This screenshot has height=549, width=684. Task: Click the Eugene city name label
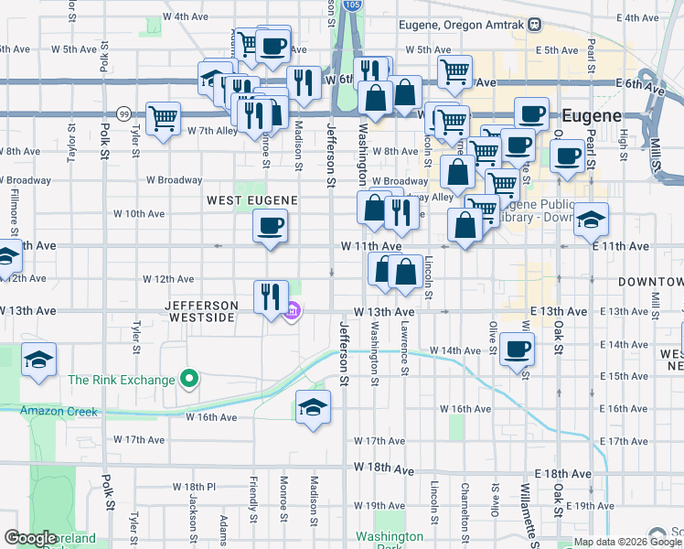coord(591,116)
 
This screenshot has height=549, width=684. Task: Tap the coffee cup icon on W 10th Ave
coord(269,226)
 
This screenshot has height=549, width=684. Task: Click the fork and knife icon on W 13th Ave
coord(271,297)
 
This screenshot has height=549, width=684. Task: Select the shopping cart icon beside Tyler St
coord(163,119)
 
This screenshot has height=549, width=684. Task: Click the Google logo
coord(30,538)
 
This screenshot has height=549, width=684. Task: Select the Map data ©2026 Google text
coord(627,542)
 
